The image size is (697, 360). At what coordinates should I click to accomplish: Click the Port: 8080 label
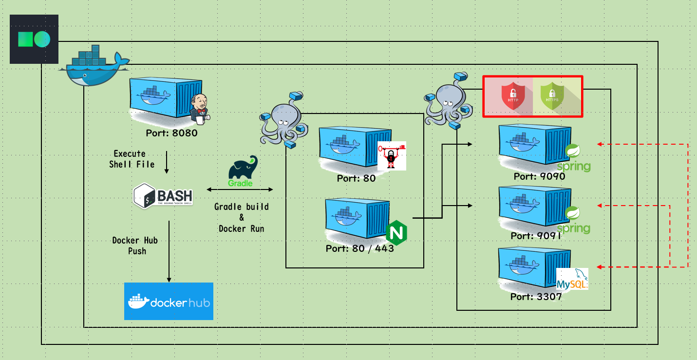(x=171, y=133)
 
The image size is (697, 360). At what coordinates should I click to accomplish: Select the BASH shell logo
(x=163, y=195)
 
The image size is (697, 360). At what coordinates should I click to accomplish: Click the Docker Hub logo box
(x=169, y=301)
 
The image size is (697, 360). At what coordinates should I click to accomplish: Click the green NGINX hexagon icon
(x=396, y=233)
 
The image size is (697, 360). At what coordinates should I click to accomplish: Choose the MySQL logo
(x=572, y=279)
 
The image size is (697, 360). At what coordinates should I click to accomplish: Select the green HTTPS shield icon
(x=552, y=96)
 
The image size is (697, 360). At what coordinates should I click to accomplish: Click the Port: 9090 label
(x=539, y=176)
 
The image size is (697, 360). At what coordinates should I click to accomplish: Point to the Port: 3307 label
(x=536, y=297)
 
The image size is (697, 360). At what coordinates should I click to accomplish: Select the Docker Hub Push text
(x=135, y=246)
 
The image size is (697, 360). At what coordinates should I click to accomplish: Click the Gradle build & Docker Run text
(x=242, y=217)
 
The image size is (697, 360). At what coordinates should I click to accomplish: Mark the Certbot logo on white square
(x=392, y=156)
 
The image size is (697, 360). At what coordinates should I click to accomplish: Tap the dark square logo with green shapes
(x=34, y=39)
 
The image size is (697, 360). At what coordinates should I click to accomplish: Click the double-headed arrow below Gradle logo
(x=240, y=189)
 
